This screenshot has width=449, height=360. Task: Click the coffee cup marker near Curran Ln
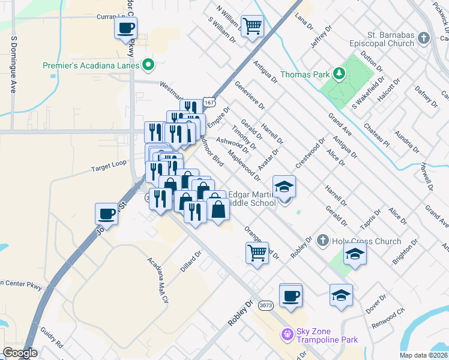[126, 28]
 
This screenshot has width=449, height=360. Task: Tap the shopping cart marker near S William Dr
[253, 26]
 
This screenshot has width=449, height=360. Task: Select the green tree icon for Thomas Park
[340, 74]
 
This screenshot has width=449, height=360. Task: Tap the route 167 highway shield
[208, 103]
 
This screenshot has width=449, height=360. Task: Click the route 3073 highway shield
[265, 305]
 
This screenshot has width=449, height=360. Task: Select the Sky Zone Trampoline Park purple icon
[287, 333]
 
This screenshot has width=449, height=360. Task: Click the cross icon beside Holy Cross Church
[322, 241]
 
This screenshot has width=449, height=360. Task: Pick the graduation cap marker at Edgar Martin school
[285, 186]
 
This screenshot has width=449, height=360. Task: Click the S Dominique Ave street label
[13, 65]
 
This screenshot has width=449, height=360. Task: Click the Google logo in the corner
[20, 353]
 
